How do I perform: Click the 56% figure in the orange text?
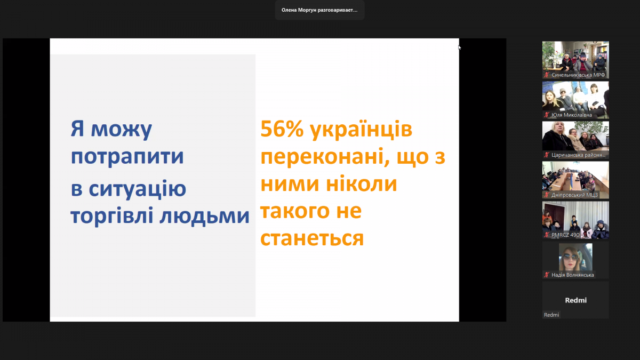282,129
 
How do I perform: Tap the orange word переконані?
325,157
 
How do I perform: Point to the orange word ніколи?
362,183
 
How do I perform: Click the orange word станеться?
312,238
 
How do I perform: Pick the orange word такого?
295,211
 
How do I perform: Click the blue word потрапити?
127,157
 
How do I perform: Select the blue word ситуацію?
137,189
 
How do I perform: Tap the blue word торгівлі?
112,215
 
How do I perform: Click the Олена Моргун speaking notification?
319,10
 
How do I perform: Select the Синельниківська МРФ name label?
578,75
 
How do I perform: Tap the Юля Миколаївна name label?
571,115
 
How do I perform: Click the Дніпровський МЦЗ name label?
574,195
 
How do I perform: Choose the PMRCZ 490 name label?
565,235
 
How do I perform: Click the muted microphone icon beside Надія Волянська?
547,275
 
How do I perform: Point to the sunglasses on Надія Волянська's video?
571,257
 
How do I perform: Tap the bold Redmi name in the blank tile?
575,300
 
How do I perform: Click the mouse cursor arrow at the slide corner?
459,47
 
